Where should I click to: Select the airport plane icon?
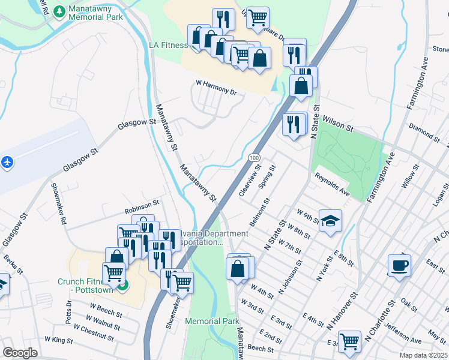[x=7, y=162]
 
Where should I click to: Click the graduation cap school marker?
[x=330, y=221]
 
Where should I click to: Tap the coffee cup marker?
[x=399, y=265]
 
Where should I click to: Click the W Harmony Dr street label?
[x=216, y=88]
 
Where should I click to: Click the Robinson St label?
[x=141, y=210]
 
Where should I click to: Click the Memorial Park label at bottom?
[x=212, y=321]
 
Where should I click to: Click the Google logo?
[x=20, y=352]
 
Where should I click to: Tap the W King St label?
[x=59, y=340]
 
